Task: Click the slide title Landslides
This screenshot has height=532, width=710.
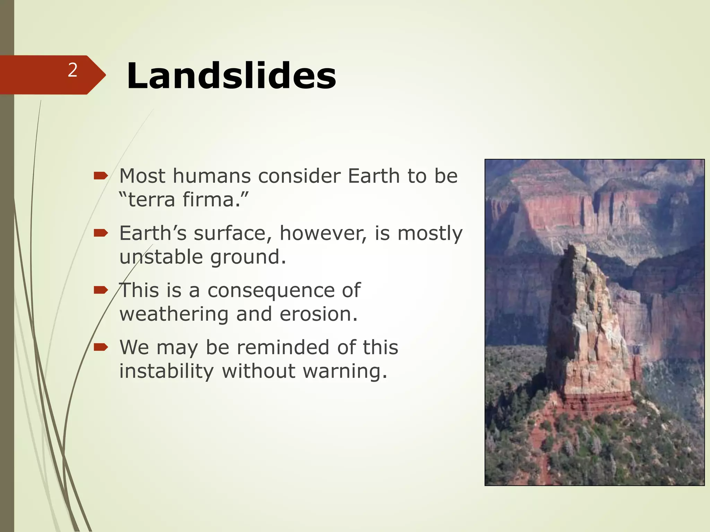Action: [x=231, y=76]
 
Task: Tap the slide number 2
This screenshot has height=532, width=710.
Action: [x=72, y=70]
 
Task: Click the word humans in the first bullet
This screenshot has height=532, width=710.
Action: [x=211, y=176]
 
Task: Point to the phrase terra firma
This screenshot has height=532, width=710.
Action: [x=184, y=200]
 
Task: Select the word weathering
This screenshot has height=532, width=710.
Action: [x=173, y=314]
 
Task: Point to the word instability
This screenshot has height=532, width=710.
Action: [x=166, y=371]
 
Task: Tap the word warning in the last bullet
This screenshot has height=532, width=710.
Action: [x=345, y=371]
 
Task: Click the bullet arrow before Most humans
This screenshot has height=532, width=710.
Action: [x=101, y=176]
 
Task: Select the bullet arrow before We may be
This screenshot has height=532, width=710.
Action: [x=101, y=347]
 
